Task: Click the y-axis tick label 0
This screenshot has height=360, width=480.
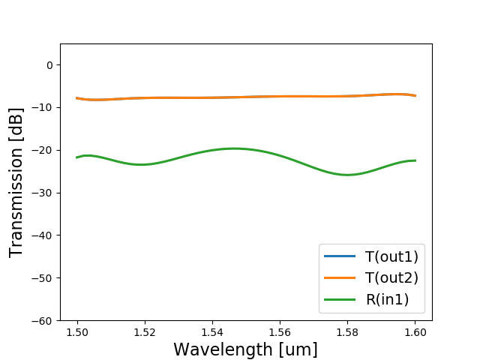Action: click(x=49, y=65)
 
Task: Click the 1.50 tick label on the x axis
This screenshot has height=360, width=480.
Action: click(x=77, y=332)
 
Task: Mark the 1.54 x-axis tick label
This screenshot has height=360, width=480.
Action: click(x=212, y=332)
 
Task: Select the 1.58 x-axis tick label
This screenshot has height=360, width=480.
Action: click(x=347, y=332)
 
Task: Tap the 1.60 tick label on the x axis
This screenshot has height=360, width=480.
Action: click(x=415, y=332)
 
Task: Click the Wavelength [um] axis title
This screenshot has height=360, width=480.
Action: click(x=245, y=349)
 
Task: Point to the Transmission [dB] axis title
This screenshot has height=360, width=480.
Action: click(x=16, y=182)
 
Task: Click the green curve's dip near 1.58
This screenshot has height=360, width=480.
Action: click(x=347, y=175)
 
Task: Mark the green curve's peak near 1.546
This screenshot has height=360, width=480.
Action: click(x=233, y=148)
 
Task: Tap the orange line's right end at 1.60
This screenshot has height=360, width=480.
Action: click(x=415, y=96)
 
